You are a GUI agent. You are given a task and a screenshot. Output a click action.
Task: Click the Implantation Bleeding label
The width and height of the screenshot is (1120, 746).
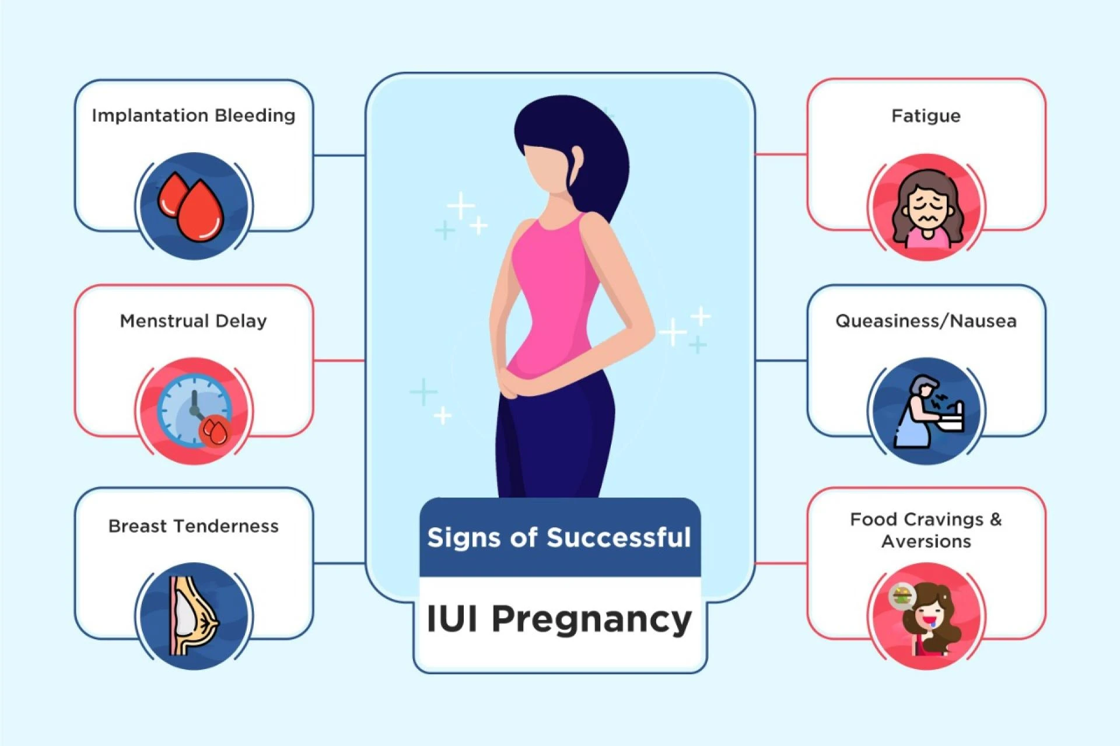(193, 115)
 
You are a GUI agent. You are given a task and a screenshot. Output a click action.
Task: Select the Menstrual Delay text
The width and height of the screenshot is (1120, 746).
(193, 321)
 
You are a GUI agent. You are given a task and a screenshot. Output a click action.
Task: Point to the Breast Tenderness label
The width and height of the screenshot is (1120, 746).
(193, 526)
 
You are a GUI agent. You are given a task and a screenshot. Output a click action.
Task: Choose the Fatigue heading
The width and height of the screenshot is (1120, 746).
(926, 115)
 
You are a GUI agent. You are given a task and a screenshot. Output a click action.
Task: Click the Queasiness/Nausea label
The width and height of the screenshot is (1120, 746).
(926, 321)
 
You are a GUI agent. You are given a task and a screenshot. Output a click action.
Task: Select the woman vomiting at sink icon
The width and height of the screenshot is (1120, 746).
(928, 412)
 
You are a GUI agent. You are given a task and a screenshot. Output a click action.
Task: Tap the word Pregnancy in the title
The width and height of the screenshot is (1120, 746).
(591, 619)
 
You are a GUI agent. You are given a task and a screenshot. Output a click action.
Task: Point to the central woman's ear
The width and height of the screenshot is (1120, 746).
(576, 160)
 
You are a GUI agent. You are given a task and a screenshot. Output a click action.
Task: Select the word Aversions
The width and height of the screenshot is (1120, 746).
(926, 541)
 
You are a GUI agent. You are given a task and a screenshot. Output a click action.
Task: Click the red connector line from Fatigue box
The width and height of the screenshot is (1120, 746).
(780, 155)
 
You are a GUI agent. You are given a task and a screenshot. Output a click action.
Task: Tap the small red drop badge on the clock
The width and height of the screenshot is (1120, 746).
(216, 432)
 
